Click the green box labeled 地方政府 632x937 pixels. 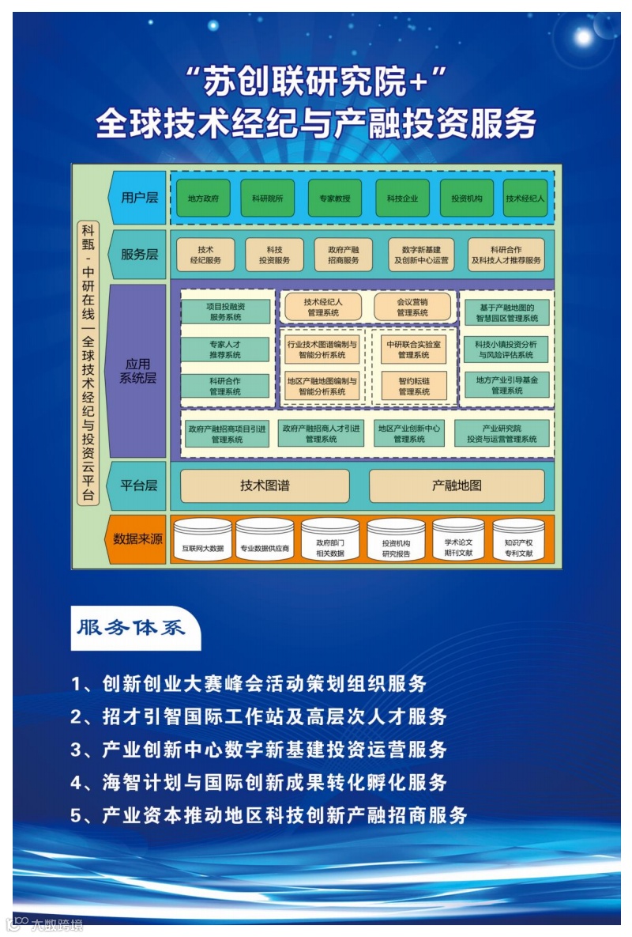coord(203,198)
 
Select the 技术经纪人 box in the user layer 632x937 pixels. coord(525,198)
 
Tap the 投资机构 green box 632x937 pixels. coord(461,198)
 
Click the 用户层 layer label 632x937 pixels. coord(139,198)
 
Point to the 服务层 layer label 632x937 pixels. coord(139,255)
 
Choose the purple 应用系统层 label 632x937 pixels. coord(137,371)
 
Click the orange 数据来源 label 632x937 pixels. coord(137,539)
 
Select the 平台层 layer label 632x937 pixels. coord(139,486)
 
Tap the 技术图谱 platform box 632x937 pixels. coord(265,486)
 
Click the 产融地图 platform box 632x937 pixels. coord(457,486)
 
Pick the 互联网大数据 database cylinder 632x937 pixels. coord(203,540)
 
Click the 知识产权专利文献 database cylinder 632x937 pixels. coord(518,540)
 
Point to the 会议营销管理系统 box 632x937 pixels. coord(412,307)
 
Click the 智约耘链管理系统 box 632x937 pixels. coord(414,386)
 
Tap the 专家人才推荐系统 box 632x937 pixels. coord(225,349)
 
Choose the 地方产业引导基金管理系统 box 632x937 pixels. coord(506,385)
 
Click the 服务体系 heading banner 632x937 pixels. coord(132,629)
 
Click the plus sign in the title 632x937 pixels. coord(428,82)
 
